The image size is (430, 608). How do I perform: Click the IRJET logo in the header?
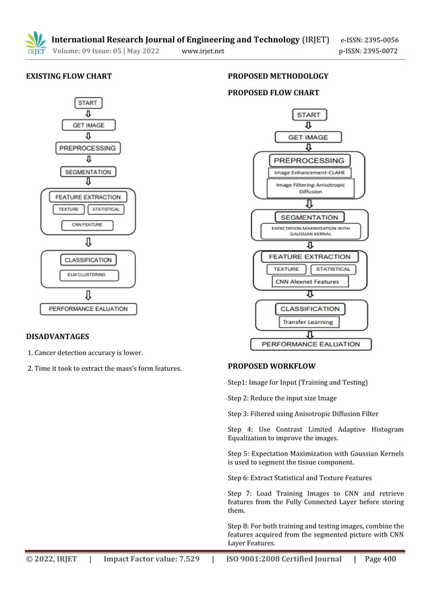point(36,43)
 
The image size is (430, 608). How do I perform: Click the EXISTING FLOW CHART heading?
point(68,76)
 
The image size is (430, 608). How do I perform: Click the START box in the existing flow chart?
point(88,103)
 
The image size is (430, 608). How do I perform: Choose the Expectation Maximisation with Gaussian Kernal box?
point(309,231)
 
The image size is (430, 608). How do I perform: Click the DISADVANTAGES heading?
point(58,336)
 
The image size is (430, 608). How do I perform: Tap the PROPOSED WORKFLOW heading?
point(272,367)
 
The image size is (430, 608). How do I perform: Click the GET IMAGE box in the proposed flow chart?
point(309,138)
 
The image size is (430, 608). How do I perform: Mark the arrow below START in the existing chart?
point(88,114)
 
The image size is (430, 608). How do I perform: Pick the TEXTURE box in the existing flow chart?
point(68,210)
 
